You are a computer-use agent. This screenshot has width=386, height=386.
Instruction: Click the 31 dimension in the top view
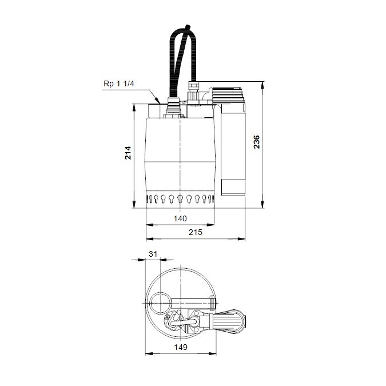(152, 253)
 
